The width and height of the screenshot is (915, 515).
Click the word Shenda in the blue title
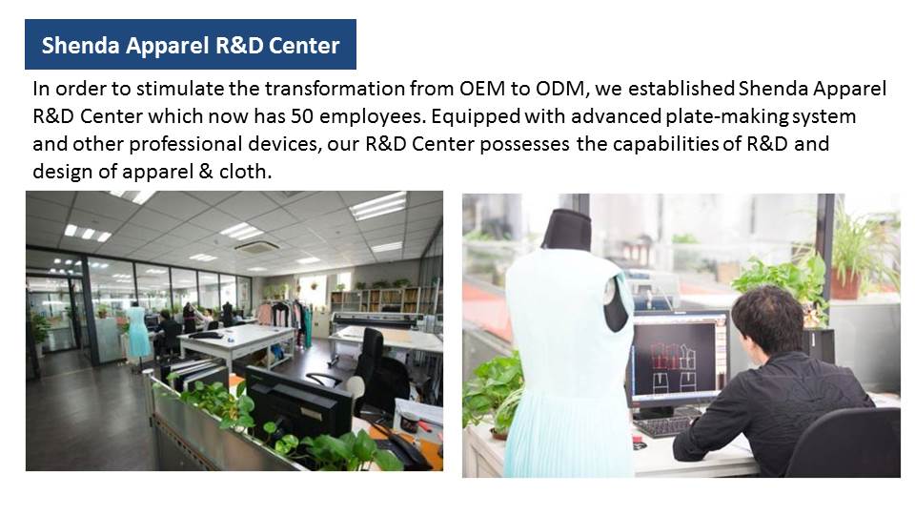pyautogui.click(x=80, y=46)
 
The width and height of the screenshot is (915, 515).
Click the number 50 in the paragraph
pyautogui.click(x=302, y=116)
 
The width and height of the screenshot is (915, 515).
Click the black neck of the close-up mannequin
pyautogui.click(x=567, y=230)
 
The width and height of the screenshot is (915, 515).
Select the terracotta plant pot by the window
pyautogui.click(x=846, y=284)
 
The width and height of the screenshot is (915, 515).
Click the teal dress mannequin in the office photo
pyautogui.click(x=137, y=332)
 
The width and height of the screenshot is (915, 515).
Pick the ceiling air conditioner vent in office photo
pyautogui.click(x=256, y=247)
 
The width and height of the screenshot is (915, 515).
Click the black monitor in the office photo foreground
pyautogui.click(x=297, y=403)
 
